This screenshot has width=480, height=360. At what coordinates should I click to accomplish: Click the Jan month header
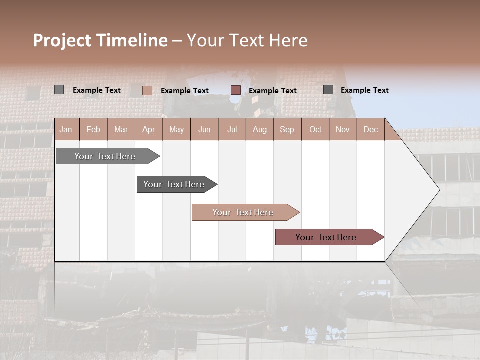tap(66, 129)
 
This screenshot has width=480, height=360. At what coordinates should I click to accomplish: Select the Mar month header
tap(121, 129)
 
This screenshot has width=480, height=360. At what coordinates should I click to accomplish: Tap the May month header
tap(176, 129)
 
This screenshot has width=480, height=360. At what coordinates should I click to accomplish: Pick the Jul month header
tap(232, 129)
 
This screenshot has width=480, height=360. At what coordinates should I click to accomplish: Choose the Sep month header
tap(287, 129)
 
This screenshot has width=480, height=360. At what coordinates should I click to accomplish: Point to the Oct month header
tap(315, 129)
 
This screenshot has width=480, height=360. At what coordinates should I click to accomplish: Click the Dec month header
tap(370, 129)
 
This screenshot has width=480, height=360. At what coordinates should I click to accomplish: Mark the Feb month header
tap(93, 129)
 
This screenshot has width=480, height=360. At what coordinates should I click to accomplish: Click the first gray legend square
tap(59, 90)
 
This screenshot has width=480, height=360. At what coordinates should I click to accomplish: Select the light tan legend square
tap(147, 90)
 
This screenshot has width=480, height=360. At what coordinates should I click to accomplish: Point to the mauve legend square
tap(236, 90)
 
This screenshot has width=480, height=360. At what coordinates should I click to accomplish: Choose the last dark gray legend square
tap(328, 90)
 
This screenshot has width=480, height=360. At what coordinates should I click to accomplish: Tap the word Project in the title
tap(62, 40)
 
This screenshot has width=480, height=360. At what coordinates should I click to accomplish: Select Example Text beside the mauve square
tap(272, 91)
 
